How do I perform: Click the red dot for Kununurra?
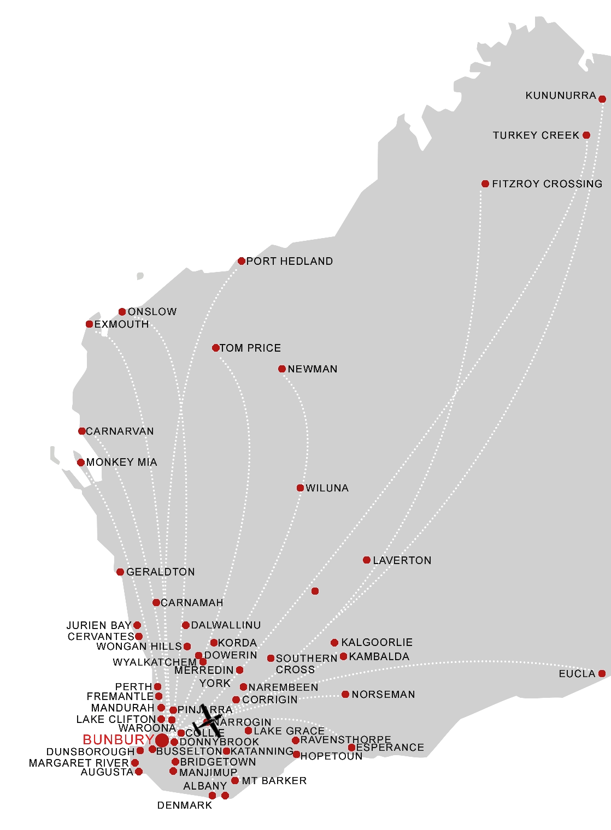pos(602,99)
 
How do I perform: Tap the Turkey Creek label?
pos(536,135)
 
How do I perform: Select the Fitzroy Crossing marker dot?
pos(485,184)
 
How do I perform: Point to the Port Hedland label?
pos(290,261)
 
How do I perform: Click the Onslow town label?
pos(152,312)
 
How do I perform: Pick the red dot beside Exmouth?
pos(90,324)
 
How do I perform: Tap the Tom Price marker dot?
pos(216,348)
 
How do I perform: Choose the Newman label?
pos(313,369)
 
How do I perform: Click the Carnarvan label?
pos(120,431)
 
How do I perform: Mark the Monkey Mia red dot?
pos(81,463)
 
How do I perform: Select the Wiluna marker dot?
pos(300,488)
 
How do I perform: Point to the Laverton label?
pos(402,560)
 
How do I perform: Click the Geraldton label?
pos(161,572)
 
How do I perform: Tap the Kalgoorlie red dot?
pos(334,643)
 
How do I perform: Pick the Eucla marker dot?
pos(602,674)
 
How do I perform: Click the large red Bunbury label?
pos(118,740)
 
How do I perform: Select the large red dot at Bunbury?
pos(162,740)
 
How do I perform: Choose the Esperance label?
pos(390,748)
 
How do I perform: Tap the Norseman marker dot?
pos(345,695)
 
